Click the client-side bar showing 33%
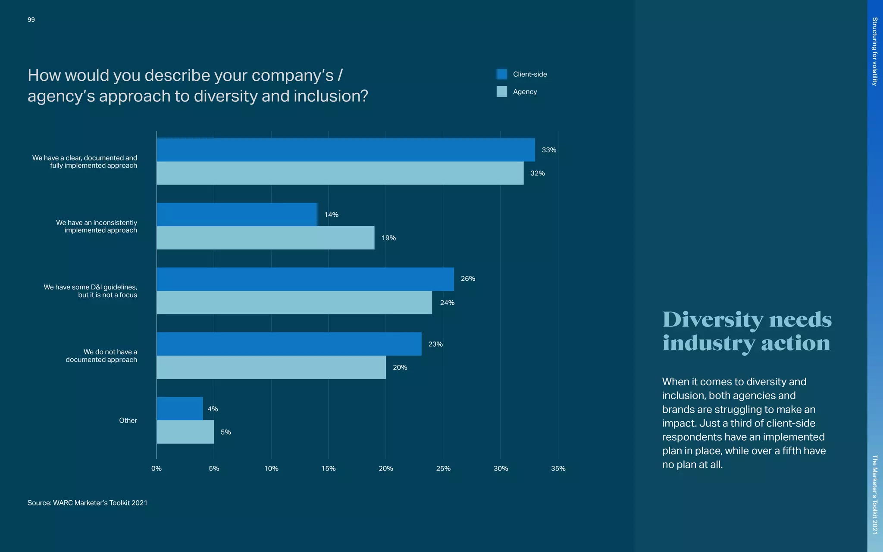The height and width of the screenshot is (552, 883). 345,150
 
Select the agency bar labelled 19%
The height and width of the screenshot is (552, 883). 265,238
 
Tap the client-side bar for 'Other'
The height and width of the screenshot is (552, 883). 179,408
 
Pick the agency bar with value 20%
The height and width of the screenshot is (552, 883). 271,367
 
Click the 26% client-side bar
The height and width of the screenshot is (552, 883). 305,279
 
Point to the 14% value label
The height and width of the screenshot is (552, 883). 331,215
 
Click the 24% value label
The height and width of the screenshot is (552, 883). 447,303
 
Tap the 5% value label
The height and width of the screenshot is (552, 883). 225,432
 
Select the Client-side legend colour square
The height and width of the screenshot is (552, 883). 501,74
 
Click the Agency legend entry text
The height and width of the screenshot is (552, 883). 525,92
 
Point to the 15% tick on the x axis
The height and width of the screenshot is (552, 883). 328,468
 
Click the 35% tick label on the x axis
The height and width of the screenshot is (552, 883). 558,468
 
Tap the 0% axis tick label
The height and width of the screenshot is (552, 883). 157,468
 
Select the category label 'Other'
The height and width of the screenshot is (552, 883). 128,420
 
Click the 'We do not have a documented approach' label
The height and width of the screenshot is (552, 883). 102,356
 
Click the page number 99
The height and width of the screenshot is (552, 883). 31,20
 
